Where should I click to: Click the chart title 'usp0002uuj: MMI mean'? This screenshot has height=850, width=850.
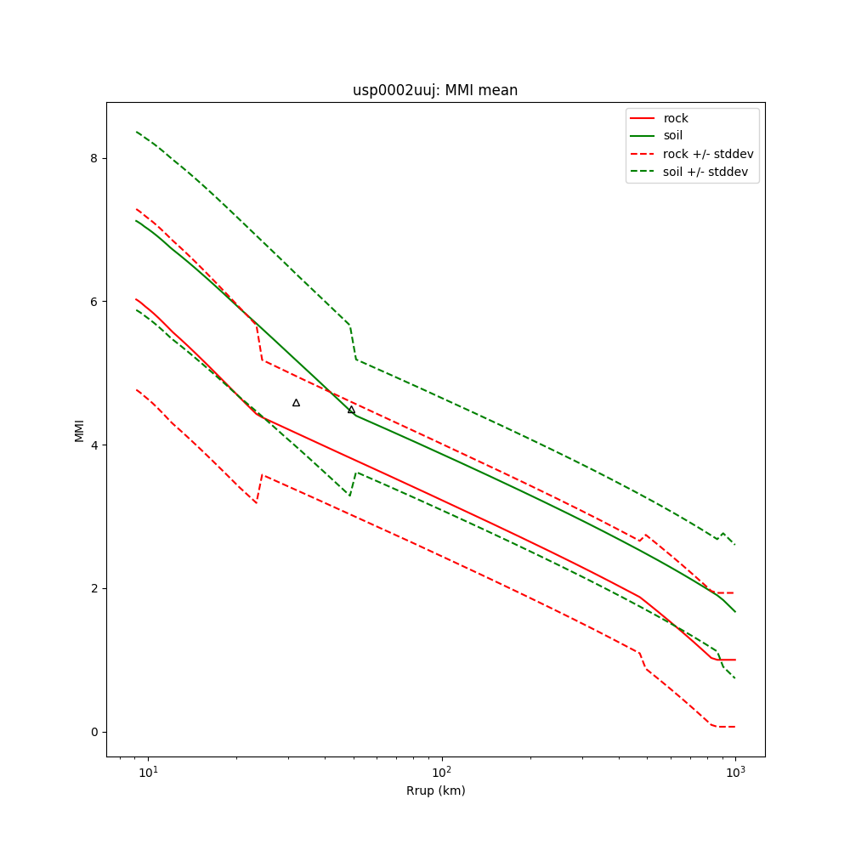[x=435, y=90]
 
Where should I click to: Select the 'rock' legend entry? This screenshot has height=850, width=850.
[x=676, y=118]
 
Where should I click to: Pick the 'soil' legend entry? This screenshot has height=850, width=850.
[x=673, y=135]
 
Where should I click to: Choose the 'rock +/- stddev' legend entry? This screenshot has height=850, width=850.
[x=708, y=154]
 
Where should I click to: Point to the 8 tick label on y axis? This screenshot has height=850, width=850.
[x=94, y=158]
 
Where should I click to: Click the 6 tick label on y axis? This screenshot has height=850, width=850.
[x=94, y=302]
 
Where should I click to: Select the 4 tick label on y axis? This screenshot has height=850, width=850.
[x=94, y=445]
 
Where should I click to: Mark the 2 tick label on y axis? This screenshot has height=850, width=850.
[x=94, y=588]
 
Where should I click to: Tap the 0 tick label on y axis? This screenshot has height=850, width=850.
[x=94, y=732]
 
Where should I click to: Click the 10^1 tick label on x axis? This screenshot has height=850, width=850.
[x=148, y=772]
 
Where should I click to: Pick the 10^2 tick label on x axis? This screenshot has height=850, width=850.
[x=441, y=772]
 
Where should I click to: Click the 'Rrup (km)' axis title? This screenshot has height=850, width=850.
[x=435, y=791]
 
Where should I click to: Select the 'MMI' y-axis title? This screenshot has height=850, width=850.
[x=80, y=430]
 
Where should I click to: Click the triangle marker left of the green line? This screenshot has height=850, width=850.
[x=296, y=402]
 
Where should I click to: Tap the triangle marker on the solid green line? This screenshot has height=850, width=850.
[x=351, y=410]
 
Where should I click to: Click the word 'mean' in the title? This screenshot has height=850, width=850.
[x=499, y=90]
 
